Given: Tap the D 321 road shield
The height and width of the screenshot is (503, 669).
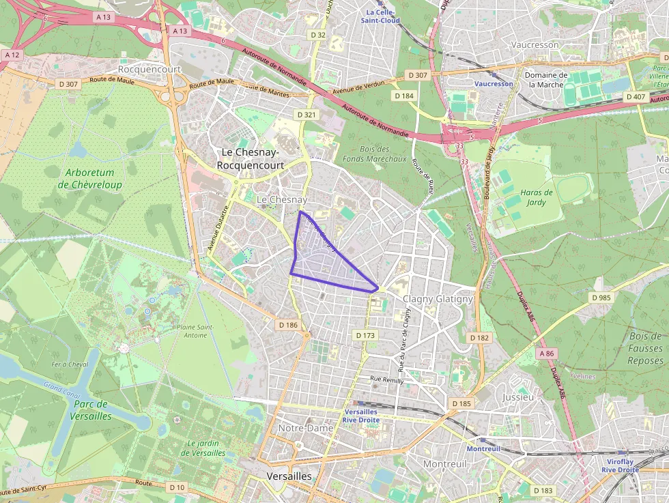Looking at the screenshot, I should (307, 115).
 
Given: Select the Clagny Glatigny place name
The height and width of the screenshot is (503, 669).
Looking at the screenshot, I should (438, 299).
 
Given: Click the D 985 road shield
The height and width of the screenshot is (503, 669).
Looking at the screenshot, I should (601, 298).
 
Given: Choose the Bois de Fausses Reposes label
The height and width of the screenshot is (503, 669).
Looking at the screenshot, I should (645, 348).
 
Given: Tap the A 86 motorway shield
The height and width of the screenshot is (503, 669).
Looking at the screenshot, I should (547, 354).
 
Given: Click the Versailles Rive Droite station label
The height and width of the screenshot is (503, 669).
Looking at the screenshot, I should (362, 416).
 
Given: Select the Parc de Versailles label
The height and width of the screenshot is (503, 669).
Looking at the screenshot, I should (90, 409).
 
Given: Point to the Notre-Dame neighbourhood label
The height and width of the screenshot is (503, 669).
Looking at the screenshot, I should (305, 427).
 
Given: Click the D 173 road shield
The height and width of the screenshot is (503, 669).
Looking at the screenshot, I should (366, 335).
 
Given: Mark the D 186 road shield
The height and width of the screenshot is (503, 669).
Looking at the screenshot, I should (288, 325).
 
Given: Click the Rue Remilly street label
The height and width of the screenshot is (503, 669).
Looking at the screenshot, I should (386, 379).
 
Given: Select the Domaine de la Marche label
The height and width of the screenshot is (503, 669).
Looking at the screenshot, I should (545, 80).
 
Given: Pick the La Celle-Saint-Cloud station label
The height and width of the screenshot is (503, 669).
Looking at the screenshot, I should (383, 16).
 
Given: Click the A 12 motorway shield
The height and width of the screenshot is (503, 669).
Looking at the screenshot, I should (13, 54).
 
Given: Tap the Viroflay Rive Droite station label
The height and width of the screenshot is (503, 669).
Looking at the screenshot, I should (620, 465).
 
